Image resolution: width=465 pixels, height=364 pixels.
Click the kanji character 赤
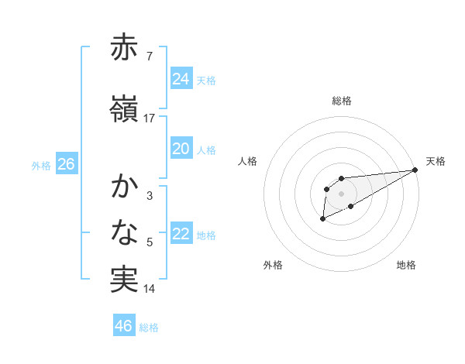pos(124,49)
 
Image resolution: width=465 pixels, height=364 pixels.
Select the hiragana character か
pos(124,187)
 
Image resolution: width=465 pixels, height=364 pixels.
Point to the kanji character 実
pos(124,280)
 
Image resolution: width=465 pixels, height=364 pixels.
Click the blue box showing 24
pos(181,79)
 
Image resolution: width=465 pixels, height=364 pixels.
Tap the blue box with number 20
pos(181,149)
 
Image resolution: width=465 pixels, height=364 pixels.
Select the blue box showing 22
pos(181,235)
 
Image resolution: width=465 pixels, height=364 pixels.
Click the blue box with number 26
pos(66,164)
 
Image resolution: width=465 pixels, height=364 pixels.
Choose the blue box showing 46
pos(123,326)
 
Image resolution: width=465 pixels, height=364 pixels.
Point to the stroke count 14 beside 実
pos(149,289)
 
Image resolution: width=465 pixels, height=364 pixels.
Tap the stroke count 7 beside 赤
pos(149,57)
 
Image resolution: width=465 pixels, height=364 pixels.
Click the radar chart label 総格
pos(342,101)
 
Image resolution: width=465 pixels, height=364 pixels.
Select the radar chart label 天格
pos(436,161)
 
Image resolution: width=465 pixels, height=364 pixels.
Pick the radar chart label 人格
pos(248,161)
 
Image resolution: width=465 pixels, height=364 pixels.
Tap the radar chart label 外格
pos(273,265)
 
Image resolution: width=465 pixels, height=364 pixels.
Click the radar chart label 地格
pos(406,265)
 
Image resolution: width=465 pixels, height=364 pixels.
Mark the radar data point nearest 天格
pos(415,170)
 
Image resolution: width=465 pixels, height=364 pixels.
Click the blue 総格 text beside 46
pos(149,327)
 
